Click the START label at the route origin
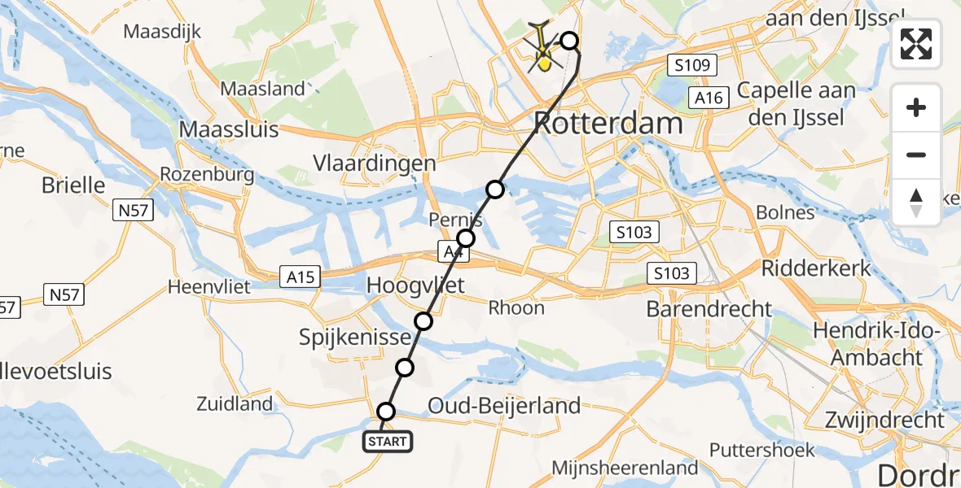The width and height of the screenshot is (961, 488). [x=387, y=442]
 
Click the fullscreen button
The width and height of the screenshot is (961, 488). [x=916, y=44]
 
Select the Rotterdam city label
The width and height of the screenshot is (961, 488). [x=608, y=124]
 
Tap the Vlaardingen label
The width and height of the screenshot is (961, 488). [x=375, y=163]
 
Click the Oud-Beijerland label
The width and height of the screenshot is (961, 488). [x=504, y=405]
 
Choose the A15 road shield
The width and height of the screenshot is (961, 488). [x=300, y=277]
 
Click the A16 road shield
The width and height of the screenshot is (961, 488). [x=707, y=98]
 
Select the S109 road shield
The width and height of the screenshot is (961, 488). [x=691, y=65]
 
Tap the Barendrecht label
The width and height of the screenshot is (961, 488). [x=709, y=309]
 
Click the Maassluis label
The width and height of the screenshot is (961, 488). [x=228, y=129]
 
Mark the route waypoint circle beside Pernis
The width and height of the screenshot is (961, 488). [x=466, y=238]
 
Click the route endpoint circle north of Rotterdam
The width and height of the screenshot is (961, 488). [x=569, y=41]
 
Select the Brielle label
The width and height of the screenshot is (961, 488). [x=73, y=185]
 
